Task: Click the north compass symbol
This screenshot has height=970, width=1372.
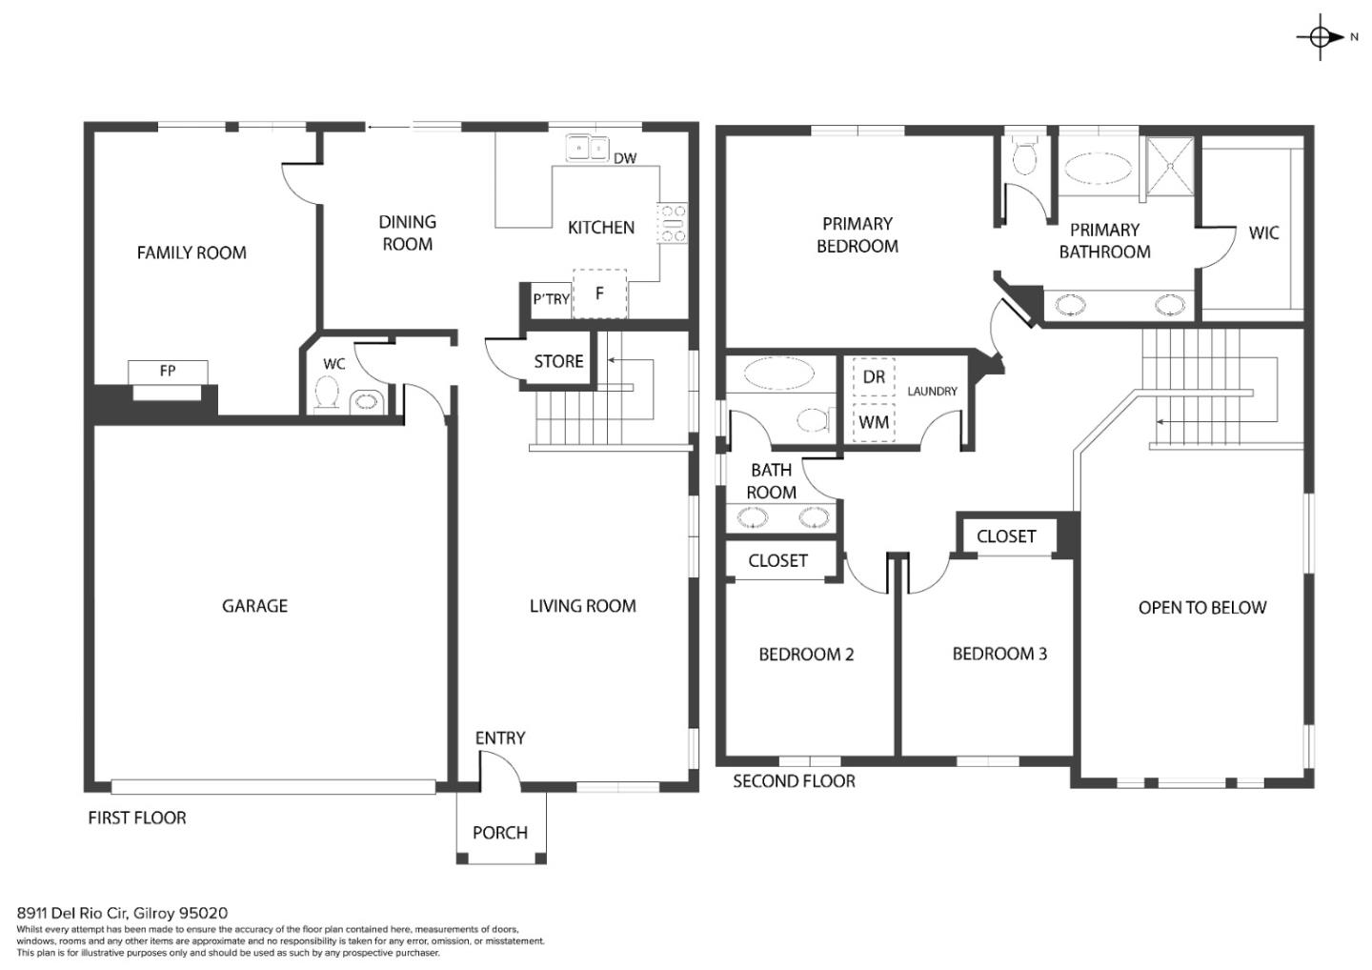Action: click(1321, 37)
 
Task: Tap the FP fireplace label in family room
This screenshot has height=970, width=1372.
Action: click(168, 371)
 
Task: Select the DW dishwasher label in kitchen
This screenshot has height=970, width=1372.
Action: click(625, 158)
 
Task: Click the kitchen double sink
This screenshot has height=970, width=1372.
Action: click(587, 148)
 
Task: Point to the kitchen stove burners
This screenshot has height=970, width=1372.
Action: click(672, 223)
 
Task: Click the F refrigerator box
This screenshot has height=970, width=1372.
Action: click(599, 293)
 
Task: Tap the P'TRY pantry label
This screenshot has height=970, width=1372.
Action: click(551, 299)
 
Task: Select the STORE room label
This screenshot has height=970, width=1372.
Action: click(558, 361)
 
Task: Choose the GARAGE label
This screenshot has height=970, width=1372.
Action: click(254, 606)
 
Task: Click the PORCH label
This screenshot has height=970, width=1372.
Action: click(500, 833)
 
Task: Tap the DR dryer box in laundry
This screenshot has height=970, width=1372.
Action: click(874, 377)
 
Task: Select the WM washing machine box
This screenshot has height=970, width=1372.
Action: click(874, 421)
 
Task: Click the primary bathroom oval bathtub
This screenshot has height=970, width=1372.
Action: click(1098, 170)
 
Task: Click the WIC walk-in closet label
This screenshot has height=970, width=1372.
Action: click(1263, 232)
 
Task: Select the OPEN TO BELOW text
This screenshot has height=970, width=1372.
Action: click(1202, 608)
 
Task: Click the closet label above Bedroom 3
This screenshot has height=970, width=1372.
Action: click(1006, 536)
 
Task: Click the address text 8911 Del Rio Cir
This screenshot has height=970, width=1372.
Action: click(122, 913)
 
